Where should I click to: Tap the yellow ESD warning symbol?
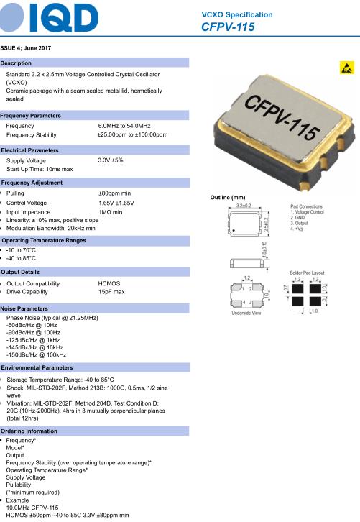pos(346,68)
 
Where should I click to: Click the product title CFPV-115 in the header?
pos(228,27)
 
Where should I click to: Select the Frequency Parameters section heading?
pos(31,116)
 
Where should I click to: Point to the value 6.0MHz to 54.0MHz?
pos(124,126)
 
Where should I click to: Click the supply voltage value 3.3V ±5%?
pos(111,160)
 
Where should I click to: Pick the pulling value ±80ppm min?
pos(114,193)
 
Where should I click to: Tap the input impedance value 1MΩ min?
pos(111,212)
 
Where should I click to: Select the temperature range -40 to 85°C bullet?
pos(21,258)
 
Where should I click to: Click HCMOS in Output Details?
pos(109,283)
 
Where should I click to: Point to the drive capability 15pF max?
pos(111,292)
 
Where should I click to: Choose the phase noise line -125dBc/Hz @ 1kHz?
pos(33,340)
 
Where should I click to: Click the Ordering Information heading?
pos(29,431)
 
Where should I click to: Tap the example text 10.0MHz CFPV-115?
pos(32,508)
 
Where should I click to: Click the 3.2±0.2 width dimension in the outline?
pos(244,206)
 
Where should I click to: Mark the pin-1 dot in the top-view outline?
pos(234,230)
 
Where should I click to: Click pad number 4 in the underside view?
pos(244,302)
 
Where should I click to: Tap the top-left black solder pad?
pos(297,288)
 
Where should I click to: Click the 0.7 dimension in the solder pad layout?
pos(285,288)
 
